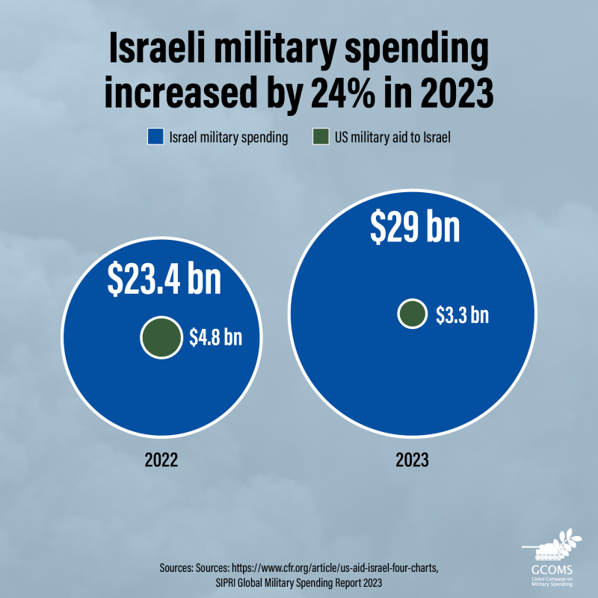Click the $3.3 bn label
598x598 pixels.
click(x=462, y=315)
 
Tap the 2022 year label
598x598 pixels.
click(x=161, y=460)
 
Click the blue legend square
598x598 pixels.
click(x=155, y=138)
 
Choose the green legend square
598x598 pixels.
click(x=320, y=138)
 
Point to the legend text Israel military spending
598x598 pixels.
click(x=229, y=138)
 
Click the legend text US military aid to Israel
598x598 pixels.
click(x=392, y=138)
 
